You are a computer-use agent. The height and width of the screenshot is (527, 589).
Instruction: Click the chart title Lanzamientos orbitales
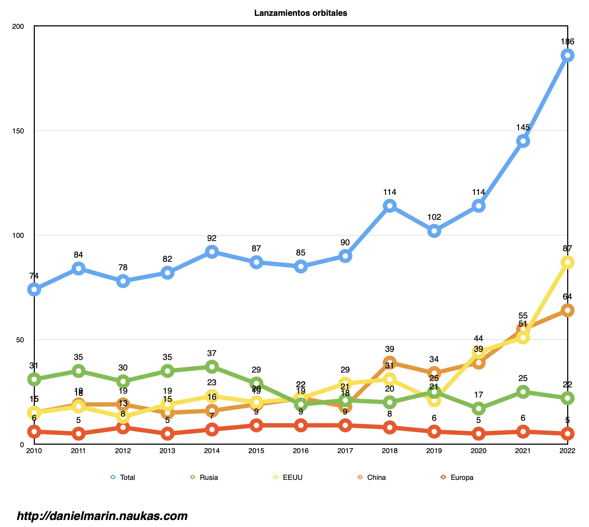[300, 13]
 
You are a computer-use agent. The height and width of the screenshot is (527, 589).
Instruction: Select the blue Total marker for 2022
[567, 55]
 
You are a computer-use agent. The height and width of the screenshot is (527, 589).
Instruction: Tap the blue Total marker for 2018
[389, 206]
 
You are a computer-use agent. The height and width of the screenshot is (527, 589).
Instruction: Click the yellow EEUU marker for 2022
[567, 262]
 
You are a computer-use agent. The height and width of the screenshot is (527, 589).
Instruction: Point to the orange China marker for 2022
[567, 310]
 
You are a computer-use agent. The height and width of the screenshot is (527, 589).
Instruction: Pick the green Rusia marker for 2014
[212, 367]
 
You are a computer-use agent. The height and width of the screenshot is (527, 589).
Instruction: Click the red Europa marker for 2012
[123, 427]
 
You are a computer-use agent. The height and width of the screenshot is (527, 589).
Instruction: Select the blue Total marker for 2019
[434, 231]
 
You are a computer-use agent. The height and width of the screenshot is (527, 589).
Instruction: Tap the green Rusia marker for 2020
[479, 409]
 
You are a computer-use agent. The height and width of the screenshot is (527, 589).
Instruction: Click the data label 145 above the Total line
[523, 127]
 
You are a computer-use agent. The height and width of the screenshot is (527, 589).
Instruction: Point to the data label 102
[434, 217]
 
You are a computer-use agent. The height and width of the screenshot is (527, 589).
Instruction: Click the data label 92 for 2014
[212, 238]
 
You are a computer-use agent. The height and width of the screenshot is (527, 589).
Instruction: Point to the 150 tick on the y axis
[18, 131]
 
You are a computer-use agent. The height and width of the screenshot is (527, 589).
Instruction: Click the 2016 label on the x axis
[300, 451]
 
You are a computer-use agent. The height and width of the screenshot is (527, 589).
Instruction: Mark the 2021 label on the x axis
[523, 451]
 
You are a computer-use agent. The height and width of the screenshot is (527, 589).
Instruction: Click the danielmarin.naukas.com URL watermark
[102, 516]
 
